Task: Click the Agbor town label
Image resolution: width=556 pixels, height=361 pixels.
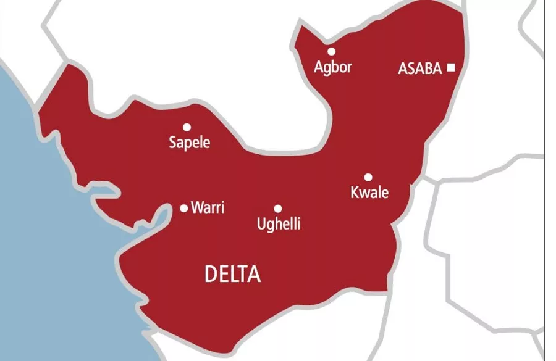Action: (x=333, y=67)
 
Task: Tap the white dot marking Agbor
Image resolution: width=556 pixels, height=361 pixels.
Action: (x=332, y=51)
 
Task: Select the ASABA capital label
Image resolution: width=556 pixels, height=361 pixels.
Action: (x=420, y=68)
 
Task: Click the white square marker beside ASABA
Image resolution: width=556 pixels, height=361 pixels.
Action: (x=451, y=68)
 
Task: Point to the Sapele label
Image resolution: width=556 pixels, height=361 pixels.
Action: (x=190, y=143)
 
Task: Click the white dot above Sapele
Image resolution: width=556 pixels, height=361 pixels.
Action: (x=187, y=127)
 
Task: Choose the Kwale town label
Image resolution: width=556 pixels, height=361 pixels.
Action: (x=369, y=193)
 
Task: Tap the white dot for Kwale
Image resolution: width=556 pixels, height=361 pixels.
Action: (x=368, y=177)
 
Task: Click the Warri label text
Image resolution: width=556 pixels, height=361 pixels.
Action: (x=208, y=208)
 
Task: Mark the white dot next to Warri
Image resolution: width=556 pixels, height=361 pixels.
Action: (x=183, y=209)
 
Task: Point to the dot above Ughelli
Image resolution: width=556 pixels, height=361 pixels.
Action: (x=278, y=209)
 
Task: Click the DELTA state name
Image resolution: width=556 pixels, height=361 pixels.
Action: (x=232, y=275)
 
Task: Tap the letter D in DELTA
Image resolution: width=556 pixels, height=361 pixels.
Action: (x=211, y=275)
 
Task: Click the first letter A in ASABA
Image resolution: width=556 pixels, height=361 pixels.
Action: (x=403, y=68)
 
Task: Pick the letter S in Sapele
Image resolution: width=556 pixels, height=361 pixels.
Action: (x=173, y=143)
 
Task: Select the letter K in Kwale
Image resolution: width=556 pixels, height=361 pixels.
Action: (x=355, y=193)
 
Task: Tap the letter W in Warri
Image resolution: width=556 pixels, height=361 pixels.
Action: (x=197, y=208)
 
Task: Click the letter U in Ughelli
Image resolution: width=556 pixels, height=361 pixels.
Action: (x=261, y=223)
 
